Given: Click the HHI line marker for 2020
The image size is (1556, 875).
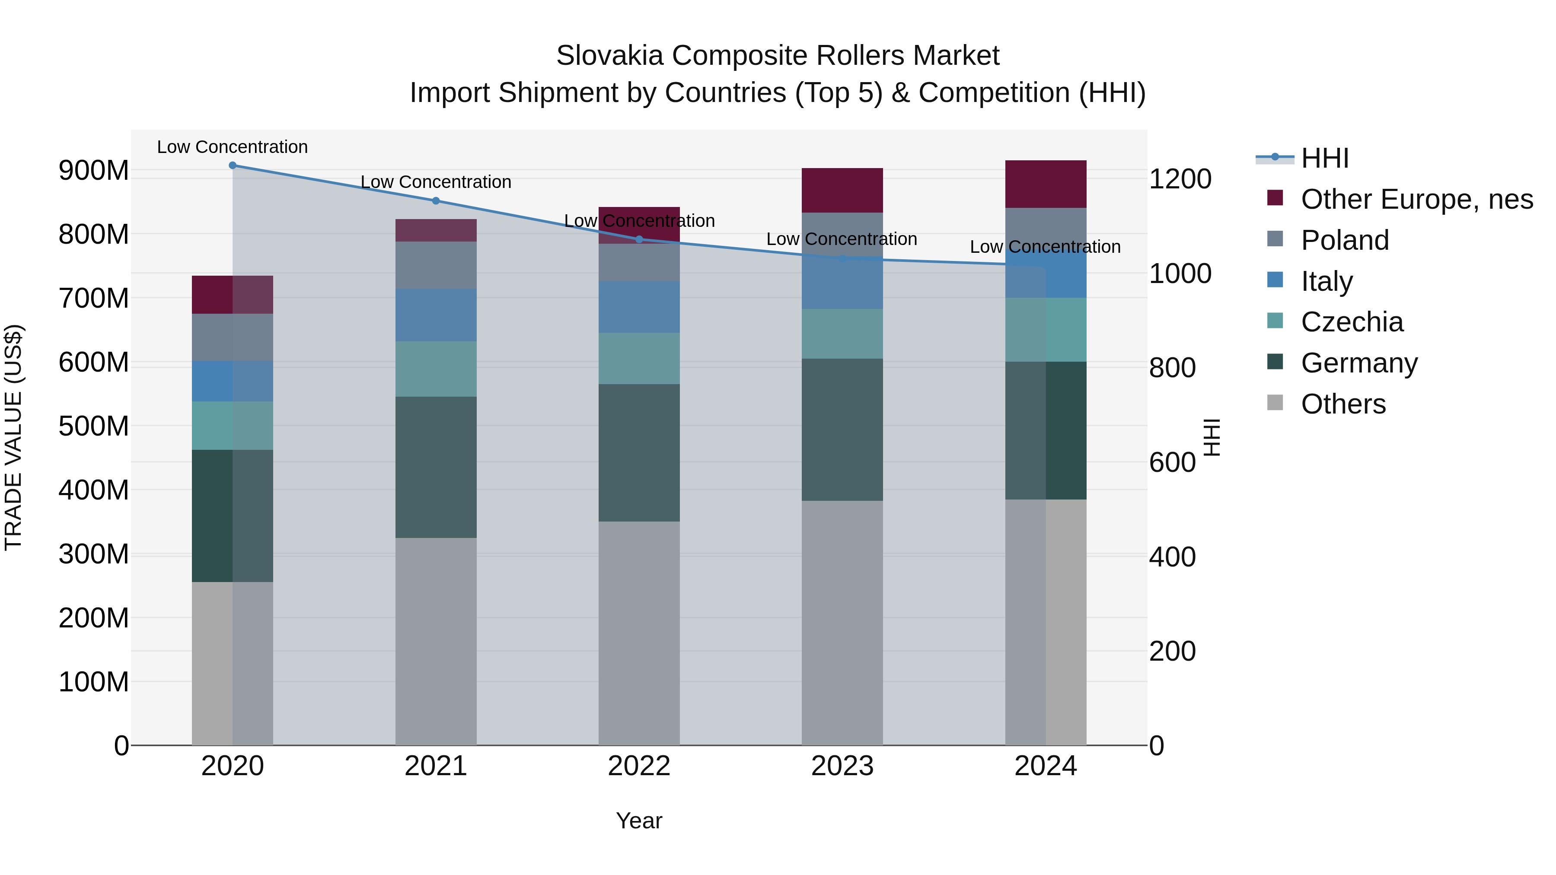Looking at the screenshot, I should [x=233, y=165].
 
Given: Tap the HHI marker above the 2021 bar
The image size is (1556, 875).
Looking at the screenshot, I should [x=436, y=200].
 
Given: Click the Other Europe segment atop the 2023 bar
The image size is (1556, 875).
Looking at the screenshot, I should [x=842, y=190].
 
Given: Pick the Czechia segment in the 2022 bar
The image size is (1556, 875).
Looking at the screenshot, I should [x=639, y=358].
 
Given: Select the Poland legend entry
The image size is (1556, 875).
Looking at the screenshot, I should [x=1345, y=240].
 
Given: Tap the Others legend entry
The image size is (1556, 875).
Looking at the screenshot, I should [x=1343, y=404].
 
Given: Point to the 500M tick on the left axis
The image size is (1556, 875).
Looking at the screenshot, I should [x=94, y=426].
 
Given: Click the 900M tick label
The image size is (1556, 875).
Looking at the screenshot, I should [x=94, y=171].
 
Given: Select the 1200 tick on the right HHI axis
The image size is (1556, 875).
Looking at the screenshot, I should [x=1180, y=179].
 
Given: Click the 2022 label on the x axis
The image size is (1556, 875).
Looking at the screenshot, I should [x=639, y=766].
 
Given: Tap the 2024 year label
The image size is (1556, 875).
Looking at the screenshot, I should [x=1046, y=766].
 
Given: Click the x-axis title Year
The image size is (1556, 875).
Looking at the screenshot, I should [x=639, y=821].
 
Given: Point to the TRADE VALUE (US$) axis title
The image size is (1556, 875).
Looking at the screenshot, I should [x=13, y=437].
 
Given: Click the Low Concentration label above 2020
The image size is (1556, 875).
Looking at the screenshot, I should [x=233, y=147].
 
